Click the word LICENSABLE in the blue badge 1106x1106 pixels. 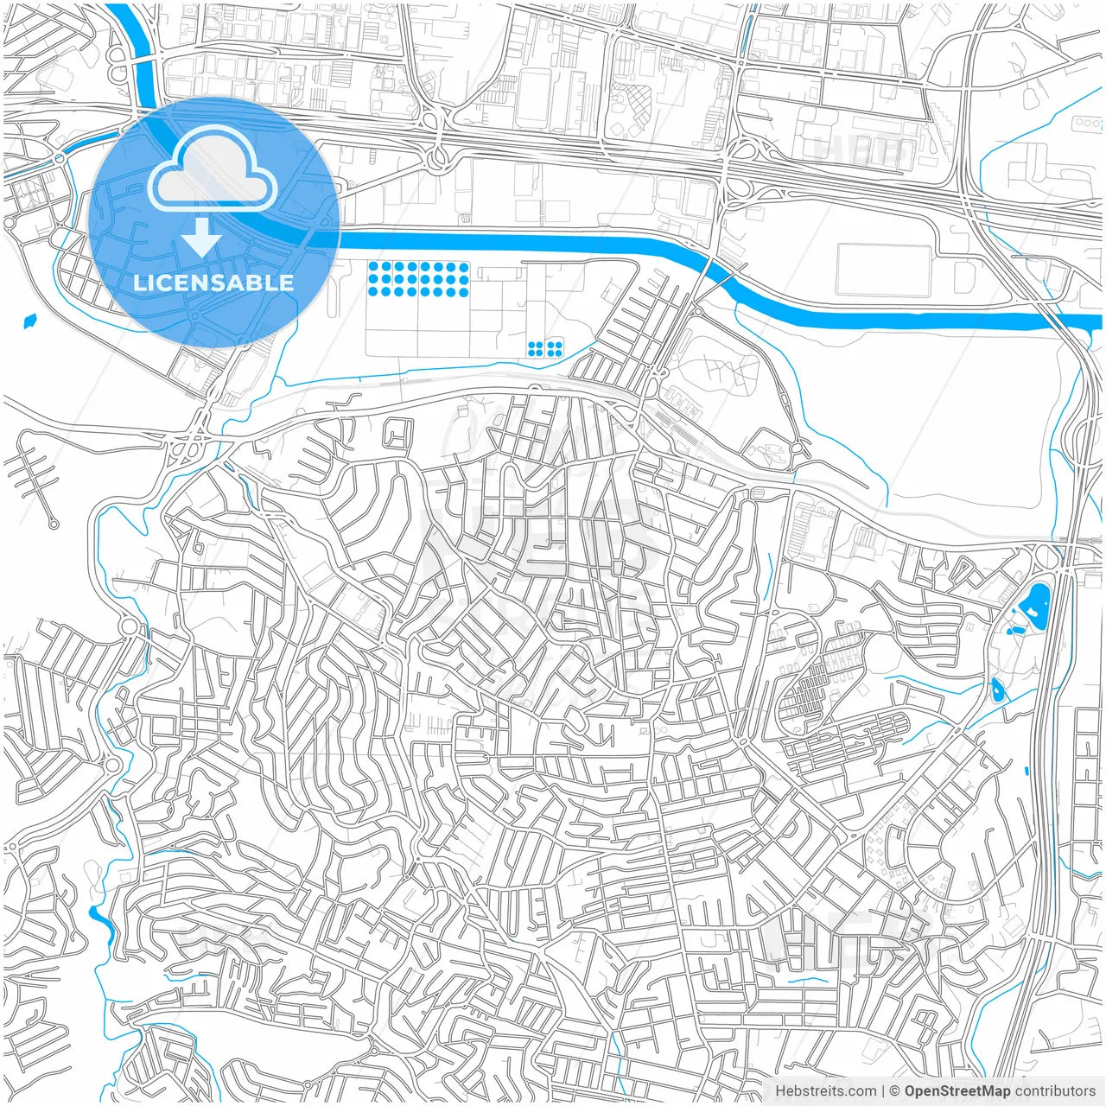[x=213, y=283]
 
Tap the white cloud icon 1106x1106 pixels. [x=213, y=170]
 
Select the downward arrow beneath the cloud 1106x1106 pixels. [x=201, y=237]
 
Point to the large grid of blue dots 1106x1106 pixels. [x=418, y=279]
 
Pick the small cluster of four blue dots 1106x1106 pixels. [x=545, y=348]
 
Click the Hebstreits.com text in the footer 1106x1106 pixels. [x=825, y=1091]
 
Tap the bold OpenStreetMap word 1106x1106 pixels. [x=957, y=1091]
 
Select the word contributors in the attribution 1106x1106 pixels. [x=1054, y=1091]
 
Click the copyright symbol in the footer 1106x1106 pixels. [x=894, y=1091]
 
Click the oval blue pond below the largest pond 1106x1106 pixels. [x=998, y=690]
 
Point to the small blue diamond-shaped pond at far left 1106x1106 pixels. [x=31, y=321]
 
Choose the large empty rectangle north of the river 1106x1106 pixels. [x=883, y=270]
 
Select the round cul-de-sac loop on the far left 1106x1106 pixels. [x=54, y=524]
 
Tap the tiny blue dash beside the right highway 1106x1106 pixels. [x=1026, y=770]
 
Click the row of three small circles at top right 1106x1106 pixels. [x=1085, y=124]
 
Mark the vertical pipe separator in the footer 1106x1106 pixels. [x=882, y=1091]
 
